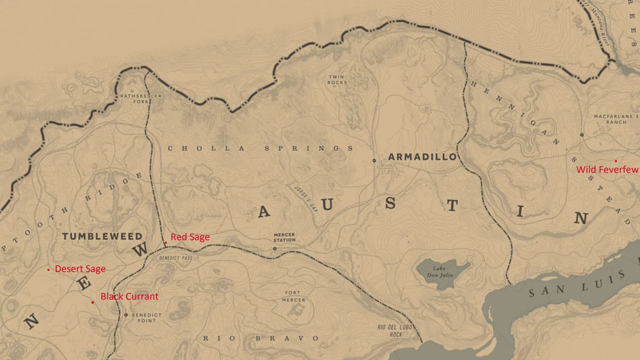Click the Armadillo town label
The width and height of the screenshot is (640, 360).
tap(422, 157)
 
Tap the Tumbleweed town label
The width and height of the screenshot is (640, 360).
tap(102, 236)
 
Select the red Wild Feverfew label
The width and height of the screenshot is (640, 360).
tap(607, 170)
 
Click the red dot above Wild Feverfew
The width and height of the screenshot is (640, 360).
tap(615, 161)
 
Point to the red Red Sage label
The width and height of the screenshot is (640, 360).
tap(190, 237)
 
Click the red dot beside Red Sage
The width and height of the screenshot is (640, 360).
tap(165, 243)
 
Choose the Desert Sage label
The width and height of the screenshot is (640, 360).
tap(80, 269)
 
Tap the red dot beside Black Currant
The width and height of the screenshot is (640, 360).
tap(92, 302)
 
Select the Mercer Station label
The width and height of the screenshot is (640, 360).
tap(284, 237)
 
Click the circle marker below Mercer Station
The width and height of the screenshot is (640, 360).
tap(274, 248)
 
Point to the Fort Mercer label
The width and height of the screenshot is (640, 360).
tap(293, 296)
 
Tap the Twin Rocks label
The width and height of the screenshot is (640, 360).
tap(337, 80)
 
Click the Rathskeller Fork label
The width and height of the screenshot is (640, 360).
tap(134, 98)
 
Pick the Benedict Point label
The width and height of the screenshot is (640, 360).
tap(146, 317)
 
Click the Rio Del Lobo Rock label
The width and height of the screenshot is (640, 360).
tap(395, 331)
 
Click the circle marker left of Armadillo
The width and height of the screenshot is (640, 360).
tap(374, 160)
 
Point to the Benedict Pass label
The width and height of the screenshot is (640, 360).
tap(175, 258)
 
